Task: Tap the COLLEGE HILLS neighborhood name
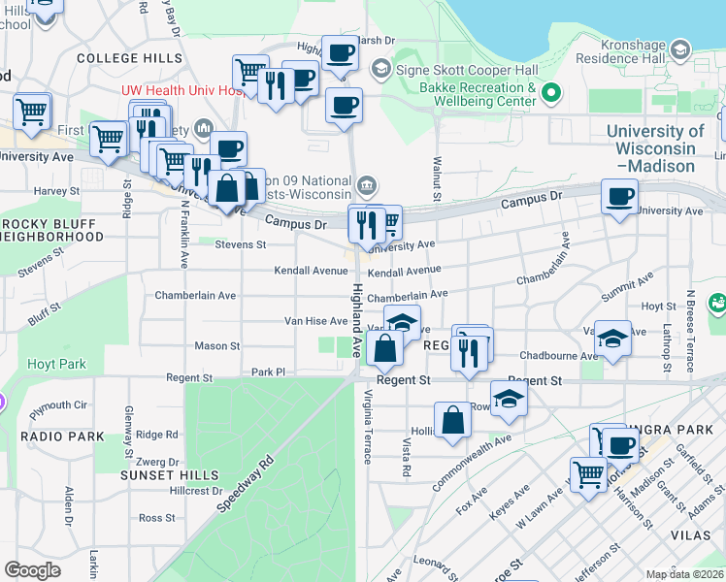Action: click(x=122, y=58)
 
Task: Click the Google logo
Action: click(x=32, y=570)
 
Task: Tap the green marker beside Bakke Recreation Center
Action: click(x=552, y=94)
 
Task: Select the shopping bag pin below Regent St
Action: click(x=452, y=420)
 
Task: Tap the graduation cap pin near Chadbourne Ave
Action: click(x=611, y=339)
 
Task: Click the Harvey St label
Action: click(x=55, y=191)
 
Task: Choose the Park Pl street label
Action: click(x=269, y=372)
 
